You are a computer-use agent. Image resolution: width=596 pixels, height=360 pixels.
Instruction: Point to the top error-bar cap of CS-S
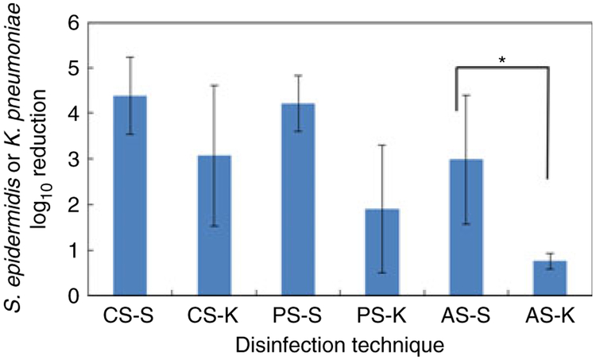click(x=130, y=57)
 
